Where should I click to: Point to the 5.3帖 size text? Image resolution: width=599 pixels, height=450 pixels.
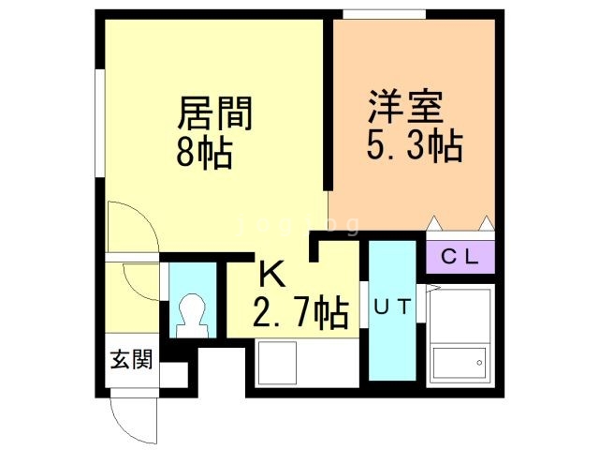[x=413, y=145]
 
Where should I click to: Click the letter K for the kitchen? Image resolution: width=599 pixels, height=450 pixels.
[x=270, y=275]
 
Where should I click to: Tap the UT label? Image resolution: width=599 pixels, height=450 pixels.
[x=392, y=307]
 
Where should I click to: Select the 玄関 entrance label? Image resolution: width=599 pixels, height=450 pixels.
[x=132, y=358]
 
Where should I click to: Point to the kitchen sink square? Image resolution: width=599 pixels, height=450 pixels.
[x=275, y=363]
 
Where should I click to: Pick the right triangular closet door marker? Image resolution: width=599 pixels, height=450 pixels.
[x=485, y=224]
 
